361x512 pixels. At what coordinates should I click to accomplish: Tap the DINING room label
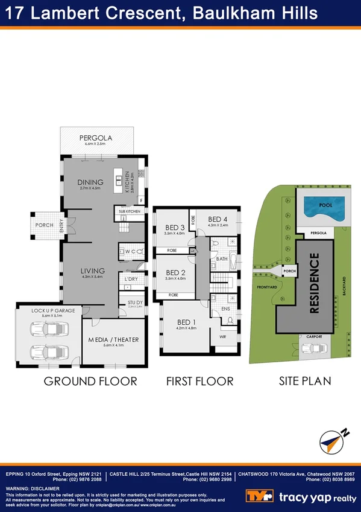tap(90, 182)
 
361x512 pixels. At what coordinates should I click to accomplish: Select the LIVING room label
tap(93, 270)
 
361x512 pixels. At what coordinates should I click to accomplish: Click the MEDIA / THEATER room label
tap(113, 339)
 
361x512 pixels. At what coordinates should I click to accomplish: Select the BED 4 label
tap(218, 219)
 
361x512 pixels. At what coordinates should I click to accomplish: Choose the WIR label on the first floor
tap(222, 336)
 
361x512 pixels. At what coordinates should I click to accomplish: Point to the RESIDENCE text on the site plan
tap(314, 283)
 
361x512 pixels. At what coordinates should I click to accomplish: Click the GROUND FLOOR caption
tap(90, 381)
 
